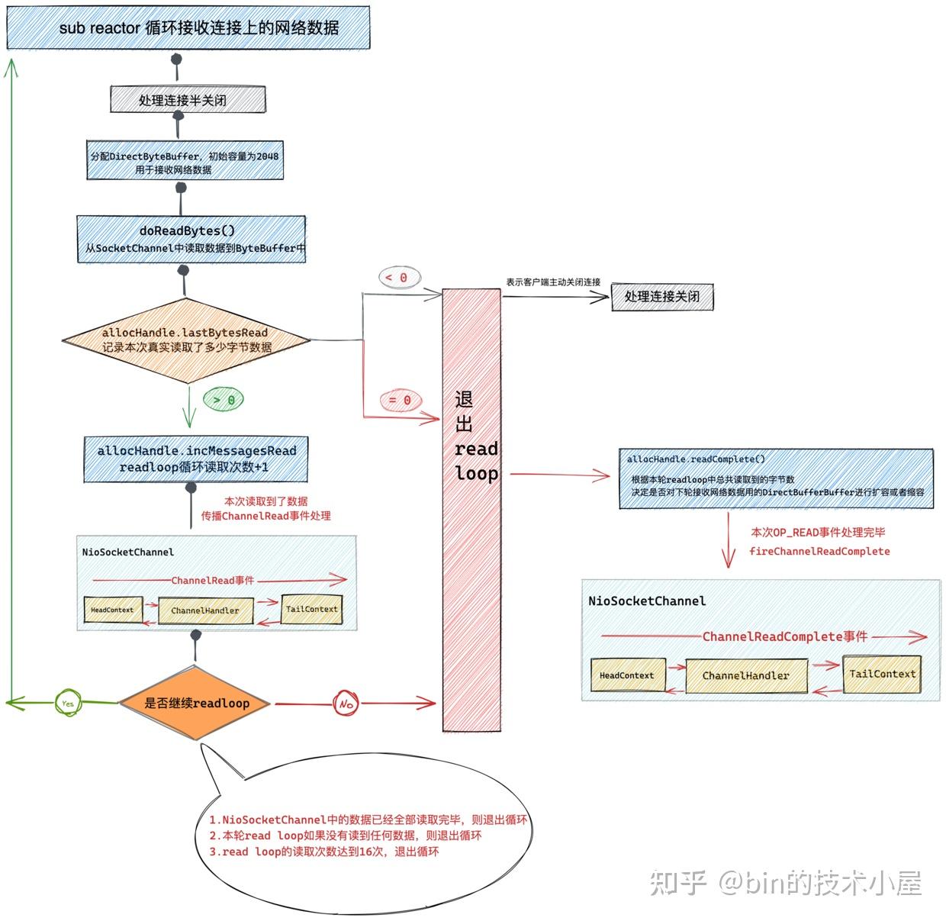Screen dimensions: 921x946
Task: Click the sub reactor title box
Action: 188,28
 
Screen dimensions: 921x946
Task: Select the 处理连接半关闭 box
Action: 188,100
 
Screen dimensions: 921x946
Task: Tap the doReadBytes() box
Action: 191,239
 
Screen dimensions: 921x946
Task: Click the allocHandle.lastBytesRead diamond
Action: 186,340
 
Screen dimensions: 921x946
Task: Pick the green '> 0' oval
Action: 224,400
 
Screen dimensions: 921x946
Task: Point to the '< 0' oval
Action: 399,278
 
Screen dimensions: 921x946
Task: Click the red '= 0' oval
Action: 400,400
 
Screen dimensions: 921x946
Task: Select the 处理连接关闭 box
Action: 661,297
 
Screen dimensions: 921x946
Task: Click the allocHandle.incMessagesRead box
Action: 195,459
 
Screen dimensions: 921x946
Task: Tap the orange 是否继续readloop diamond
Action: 197,703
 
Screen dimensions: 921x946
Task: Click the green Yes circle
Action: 68,703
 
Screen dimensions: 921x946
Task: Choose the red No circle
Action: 346,703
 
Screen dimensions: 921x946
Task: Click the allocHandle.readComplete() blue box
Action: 775,478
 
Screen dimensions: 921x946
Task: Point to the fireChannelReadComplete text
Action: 819,551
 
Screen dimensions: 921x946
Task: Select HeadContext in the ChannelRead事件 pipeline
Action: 112,610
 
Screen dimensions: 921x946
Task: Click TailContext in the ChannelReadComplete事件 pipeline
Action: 882,674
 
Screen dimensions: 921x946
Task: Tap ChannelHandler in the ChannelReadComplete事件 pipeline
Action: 745,676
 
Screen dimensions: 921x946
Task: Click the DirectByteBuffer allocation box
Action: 185,162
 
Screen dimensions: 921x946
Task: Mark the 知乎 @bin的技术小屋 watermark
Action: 786,884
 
